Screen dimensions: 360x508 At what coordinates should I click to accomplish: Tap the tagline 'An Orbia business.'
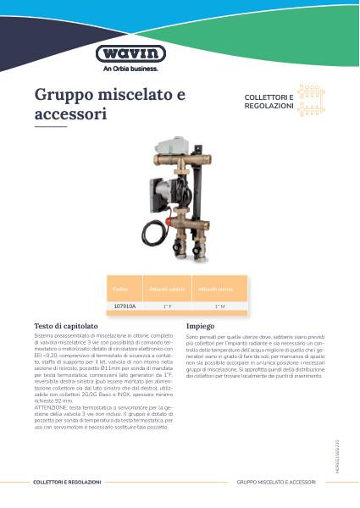(125, 69)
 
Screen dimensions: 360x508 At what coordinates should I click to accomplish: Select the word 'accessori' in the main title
(70, 113)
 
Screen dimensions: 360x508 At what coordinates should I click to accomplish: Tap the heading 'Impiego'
(200, 325)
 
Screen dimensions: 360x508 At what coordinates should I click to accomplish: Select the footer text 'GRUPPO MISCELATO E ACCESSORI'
(278, 481)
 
